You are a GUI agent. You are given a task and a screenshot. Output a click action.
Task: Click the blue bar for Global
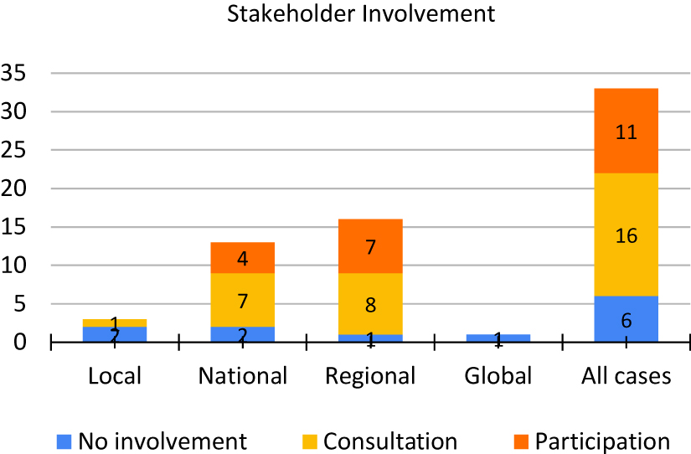498,338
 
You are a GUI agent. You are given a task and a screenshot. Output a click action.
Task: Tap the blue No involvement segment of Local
116,334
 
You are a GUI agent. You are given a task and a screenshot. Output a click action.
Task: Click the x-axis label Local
116,376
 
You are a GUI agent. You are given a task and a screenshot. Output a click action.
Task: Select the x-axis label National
243,376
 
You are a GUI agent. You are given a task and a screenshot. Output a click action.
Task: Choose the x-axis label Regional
371,376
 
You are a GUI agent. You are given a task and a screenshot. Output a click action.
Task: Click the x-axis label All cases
626,376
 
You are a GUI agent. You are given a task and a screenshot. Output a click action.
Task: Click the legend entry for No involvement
152,441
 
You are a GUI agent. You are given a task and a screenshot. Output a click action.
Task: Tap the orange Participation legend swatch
521,441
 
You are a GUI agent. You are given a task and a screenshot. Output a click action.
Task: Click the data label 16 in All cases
626,236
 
